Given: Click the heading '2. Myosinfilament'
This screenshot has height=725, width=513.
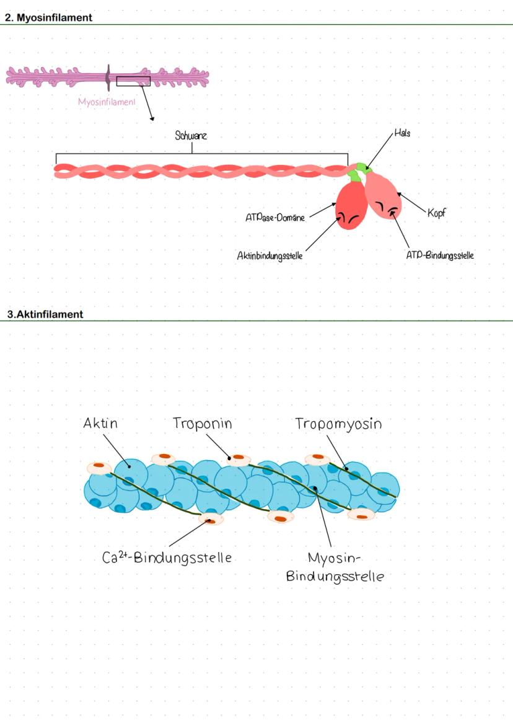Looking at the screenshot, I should [48, 18].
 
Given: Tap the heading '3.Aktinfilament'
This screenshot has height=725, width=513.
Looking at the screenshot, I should [45, 314].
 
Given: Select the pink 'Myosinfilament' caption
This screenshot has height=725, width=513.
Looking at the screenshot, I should [107, 102].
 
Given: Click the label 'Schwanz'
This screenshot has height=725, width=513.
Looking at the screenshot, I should [191, 136].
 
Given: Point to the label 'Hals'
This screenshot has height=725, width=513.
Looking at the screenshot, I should [402, 133].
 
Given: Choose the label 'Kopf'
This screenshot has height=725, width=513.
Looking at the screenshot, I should [437, 213].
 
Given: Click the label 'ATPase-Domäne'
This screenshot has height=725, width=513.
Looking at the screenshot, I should [275, 218].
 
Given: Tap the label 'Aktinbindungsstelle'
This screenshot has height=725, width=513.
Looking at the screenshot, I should [270, 256].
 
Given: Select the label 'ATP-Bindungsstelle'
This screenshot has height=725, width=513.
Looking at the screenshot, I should [440, 255].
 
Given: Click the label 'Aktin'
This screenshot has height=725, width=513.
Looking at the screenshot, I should [100, 424].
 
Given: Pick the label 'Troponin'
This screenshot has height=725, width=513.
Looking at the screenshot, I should [203, 424].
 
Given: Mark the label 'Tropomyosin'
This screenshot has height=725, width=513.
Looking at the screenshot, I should [338, 424].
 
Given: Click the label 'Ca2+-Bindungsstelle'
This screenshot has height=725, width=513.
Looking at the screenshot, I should [167, 557].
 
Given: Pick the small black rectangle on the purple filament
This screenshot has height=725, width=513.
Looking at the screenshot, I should [133, 81].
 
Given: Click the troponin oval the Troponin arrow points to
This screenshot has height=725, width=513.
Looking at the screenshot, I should [239, 460].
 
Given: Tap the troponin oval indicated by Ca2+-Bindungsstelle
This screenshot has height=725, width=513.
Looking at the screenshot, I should [212, 519].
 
